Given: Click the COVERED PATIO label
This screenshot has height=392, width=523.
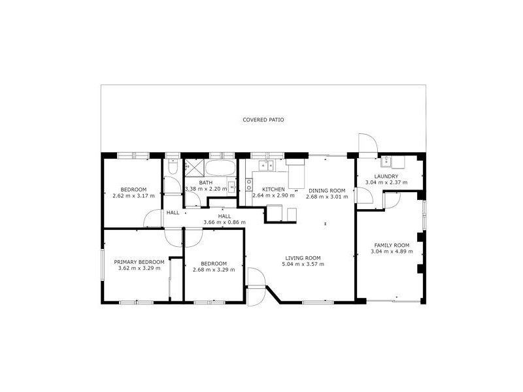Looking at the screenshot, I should pyautogui.click(x=263, y=120).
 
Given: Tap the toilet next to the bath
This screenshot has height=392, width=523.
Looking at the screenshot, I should pyautogui.click(x=171, y=168).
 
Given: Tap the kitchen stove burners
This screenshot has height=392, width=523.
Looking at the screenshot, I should pyautogui.click(x=249, y=185).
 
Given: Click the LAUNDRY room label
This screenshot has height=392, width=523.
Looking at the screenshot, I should pyautogui.click(x=386, y=176).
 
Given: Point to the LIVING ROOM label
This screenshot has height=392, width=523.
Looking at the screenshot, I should pyautogui.click(x=302, y=257).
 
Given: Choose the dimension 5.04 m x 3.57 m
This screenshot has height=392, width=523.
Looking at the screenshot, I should pyautogui.click(x=302, y=264).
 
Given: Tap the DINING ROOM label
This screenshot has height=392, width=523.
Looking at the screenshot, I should pyautogui.click(x=326, y=189).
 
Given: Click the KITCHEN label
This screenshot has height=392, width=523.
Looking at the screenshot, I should pyautogui.click(x=273, y=189).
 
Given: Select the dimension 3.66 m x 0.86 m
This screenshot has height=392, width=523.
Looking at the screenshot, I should pyautogui.click(x=224, y=222).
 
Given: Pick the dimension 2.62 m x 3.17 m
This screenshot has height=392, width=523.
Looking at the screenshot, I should pyautogui.click(x=133, y=195).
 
